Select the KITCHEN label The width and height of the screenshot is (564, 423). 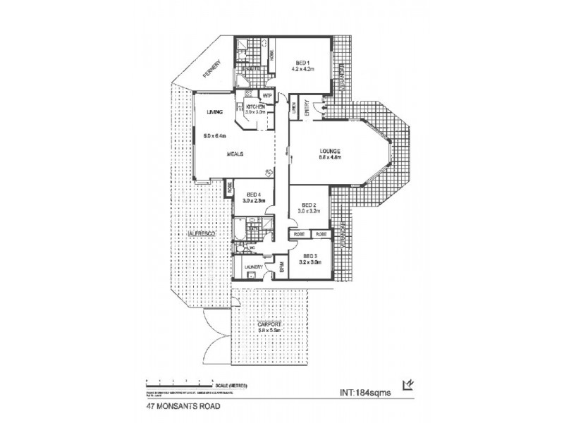[x=255, y=106]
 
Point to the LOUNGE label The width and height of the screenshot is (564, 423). [x=330, y=151]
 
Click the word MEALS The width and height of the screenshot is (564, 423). [x=235, y=153]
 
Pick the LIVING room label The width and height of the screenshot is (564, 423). [x=214, y=112]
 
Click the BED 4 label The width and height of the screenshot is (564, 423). [x=253, y=195]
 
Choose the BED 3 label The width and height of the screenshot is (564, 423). [x=311, y=256]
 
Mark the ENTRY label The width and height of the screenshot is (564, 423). [x=307, y=106]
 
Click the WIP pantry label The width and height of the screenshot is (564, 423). [x=267, y=95]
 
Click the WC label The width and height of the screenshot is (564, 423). [x=252, y=248]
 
